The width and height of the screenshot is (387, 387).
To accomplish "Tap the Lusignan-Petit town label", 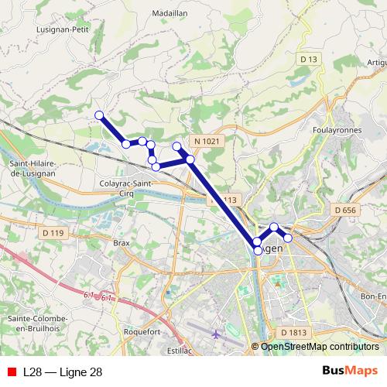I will [63, 29].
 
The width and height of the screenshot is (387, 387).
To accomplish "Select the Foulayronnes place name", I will [337, 130].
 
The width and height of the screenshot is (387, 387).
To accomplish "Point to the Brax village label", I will [122, 242].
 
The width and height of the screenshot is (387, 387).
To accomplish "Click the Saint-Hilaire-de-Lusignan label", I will [37, 169].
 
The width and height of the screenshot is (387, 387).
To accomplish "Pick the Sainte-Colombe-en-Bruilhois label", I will [38, 324].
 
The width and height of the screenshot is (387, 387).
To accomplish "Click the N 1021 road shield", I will [207, 141].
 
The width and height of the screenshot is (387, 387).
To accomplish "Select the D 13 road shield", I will [309, 60].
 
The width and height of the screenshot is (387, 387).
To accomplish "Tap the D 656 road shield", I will [346, 210].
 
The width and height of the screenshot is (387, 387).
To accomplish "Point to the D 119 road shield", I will [53, 232].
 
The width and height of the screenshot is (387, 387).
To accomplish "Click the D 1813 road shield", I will [294, 332].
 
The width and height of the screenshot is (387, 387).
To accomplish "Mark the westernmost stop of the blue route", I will [99, 116].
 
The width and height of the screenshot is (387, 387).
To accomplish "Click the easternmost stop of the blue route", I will [288, 238].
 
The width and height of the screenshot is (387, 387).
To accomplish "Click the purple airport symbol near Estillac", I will [215, 334].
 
